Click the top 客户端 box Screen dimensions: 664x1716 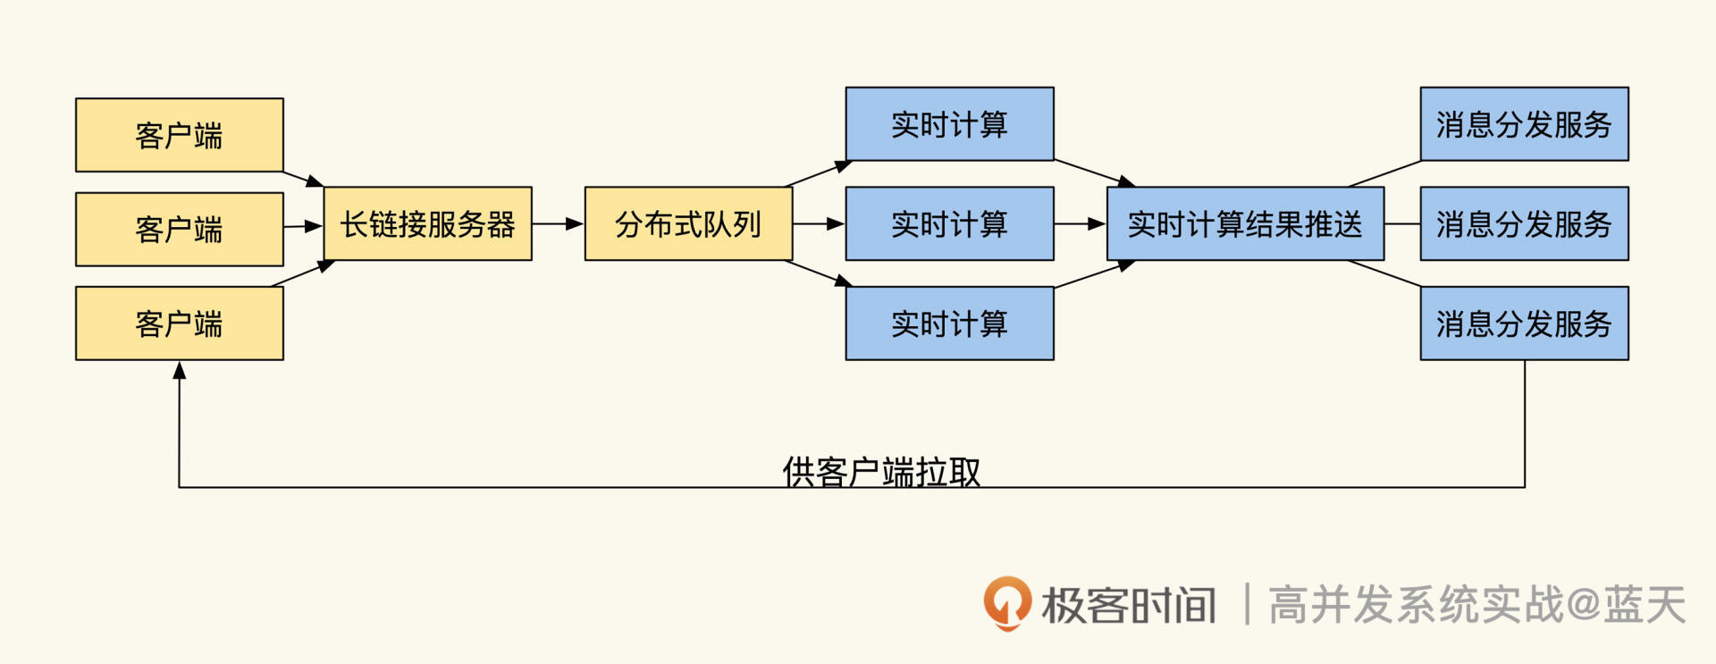click(x=179, y=135)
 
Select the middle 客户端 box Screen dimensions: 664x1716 click(x=179, y=229)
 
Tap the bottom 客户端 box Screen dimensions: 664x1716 click(x=179, y=324)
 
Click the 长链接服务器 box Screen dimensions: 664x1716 click(x=427, y=223)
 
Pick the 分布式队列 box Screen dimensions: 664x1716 click(x=688, y=223)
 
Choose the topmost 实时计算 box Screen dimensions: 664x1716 click(x=949, y=124)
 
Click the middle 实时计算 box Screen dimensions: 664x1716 click(x=949, y=223)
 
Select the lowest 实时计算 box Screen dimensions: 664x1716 click(x=949, y=324)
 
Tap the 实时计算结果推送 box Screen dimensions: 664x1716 click(x=1245, y=223)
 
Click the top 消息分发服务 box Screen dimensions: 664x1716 click(x=1524, y=124)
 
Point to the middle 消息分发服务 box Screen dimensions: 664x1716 click(x=1524, y=223)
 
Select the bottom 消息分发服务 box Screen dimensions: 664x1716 click(x=1524, y=324)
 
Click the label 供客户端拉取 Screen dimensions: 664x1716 click(x=881, y=471)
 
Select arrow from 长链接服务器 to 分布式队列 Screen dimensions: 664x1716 click(x=558, y=223)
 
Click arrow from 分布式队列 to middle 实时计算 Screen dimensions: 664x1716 click(x=819, y=223)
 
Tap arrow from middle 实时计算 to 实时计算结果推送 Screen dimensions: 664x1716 click(x=1080, y=223)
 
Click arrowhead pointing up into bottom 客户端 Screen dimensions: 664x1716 click(x=180, y=370)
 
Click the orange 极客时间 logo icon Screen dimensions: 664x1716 click(x=1007, y=603)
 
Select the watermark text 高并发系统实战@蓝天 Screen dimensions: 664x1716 click(x=1476, y=605)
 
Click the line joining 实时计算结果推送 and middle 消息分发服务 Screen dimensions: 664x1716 click(x=1402, y=223)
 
